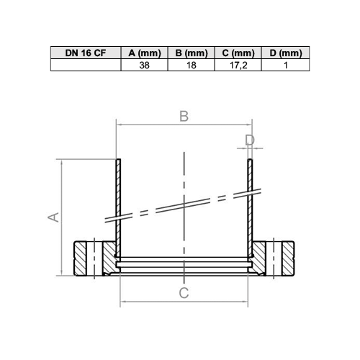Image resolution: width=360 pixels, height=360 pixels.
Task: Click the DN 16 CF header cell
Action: pyautogui.click(x=86, y=53)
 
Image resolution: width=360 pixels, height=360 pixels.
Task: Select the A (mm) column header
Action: pyautogui.click(x=145, y=53)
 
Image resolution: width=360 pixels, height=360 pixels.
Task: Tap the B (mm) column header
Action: pyautogui.click(x=192, y=53)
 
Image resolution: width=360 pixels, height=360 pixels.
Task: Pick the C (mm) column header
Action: pyautogui.click(x=238, y=53)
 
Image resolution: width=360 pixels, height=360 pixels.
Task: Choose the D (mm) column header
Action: pyautogui.click(x=286, y=53)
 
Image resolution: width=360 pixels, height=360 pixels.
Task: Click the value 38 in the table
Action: pyautogui.click(x=144, y=66)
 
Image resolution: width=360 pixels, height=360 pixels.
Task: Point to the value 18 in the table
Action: pyautogui.click(x=192, y=66)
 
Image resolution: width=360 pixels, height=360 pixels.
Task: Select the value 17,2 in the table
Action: pyautogui.click(x=238, y=66)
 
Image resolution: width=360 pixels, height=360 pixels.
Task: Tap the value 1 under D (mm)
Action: pyautogui.click(x=286, y=66)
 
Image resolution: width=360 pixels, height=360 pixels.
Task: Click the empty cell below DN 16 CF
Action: pyautogui.click(x=86, y=65)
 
